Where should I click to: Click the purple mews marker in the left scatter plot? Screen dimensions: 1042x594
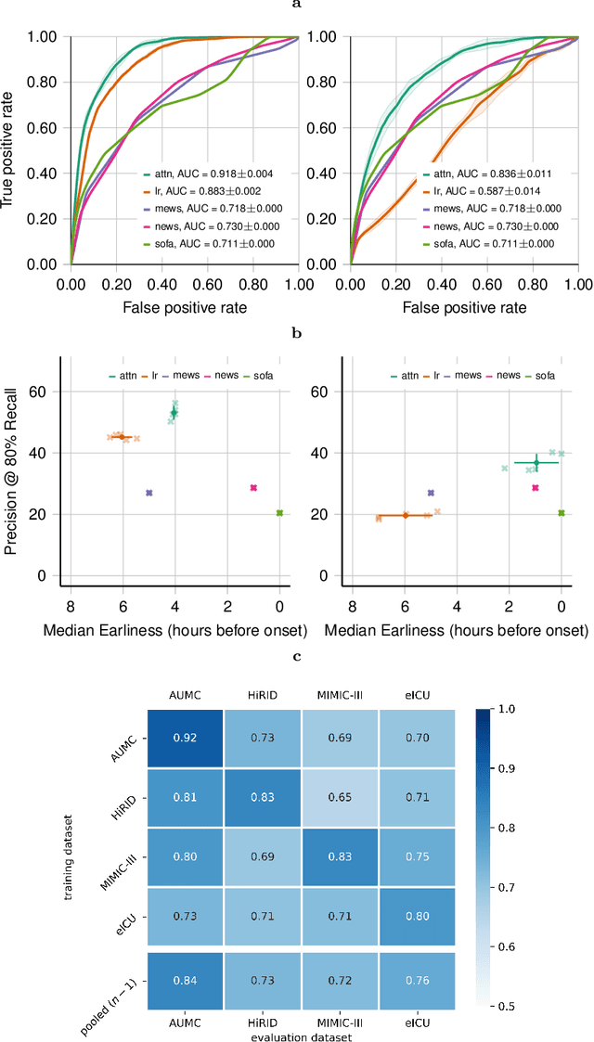click(x=148, y=493)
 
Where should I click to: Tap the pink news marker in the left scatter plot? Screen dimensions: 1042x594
click(x=253, y=488)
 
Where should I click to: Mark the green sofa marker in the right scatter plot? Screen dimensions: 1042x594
click(x=562, y=513)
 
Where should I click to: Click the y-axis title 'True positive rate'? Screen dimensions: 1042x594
click(x=11, y=149)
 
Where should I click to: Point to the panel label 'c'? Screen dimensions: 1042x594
click(x=297, y=657)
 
